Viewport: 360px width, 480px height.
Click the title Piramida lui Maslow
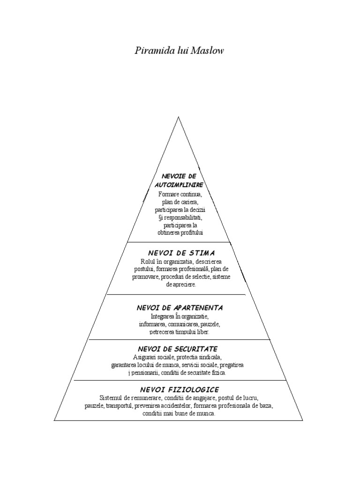tap(179, 50)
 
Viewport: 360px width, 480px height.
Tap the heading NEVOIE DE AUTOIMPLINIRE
tap(179, 180)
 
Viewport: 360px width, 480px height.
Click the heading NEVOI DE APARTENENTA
tap(180, 308)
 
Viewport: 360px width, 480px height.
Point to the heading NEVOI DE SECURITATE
tap(178, 349)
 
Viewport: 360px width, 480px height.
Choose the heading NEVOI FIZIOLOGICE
tap(179, 390)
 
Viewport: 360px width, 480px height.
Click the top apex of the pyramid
tap(179, 117)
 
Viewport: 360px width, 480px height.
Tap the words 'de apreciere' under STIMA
tap(181, 285)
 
